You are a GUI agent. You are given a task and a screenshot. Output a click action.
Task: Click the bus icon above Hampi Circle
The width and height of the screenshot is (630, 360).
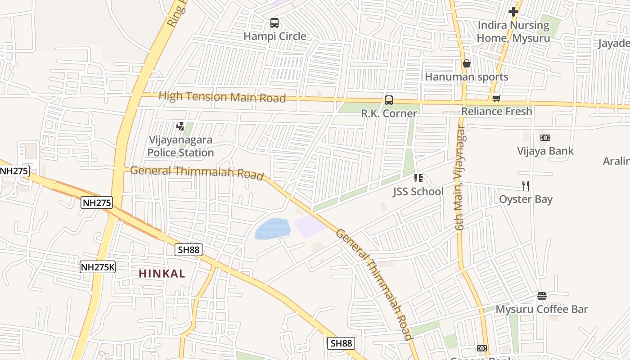pos(274,23)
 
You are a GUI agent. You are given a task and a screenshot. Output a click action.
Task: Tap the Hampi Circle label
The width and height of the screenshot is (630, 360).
pos(274,36)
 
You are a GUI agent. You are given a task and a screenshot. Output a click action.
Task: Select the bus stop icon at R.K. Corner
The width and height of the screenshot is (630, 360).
pos(389,100)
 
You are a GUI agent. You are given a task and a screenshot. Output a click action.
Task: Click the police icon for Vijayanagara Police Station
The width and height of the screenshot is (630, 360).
pos(180,126)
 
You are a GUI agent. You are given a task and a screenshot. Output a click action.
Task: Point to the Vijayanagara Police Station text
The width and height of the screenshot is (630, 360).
pos(180,146)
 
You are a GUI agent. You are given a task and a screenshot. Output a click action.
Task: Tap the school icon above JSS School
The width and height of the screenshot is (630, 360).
pos(418,179)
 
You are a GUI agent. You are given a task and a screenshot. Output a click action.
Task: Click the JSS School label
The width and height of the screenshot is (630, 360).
pos(418,192)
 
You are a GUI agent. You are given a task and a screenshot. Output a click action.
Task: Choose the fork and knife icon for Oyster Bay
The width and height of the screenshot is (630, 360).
pos(526,185)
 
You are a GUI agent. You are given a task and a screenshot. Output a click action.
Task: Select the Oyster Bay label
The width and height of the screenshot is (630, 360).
pos(526,199)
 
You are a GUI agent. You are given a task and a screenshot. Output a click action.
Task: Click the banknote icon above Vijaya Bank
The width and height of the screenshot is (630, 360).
pos(545,138)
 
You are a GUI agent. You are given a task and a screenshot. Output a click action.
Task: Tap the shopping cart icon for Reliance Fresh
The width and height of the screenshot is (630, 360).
pos(497,98)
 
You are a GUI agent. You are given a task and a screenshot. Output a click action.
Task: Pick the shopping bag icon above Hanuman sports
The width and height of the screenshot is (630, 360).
pos(467,63)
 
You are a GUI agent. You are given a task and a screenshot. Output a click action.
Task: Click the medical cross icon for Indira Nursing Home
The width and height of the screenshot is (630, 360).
pos(513,12)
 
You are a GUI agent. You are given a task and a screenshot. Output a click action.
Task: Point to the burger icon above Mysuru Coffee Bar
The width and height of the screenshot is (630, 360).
pos(542,296)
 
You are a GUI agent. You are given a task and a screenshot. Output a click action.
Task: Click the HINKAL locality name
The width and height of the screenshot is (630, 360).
pos(162,274)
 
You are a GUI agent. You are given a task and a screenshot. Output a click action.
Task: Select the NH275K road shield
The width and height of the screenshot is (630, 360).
pos(98,267)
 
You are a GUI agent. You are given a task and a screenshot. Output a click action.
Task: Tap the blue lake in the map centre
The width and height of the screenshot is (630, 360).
pos(273,229)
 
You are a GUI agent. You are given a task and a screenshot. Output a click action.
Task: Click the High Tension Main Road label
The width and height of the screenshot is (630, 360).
pos(222,97)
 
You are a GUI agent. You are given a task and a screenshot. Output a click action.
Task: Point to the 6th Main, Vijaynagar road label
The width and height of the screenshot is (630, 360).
pos(460,178)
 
